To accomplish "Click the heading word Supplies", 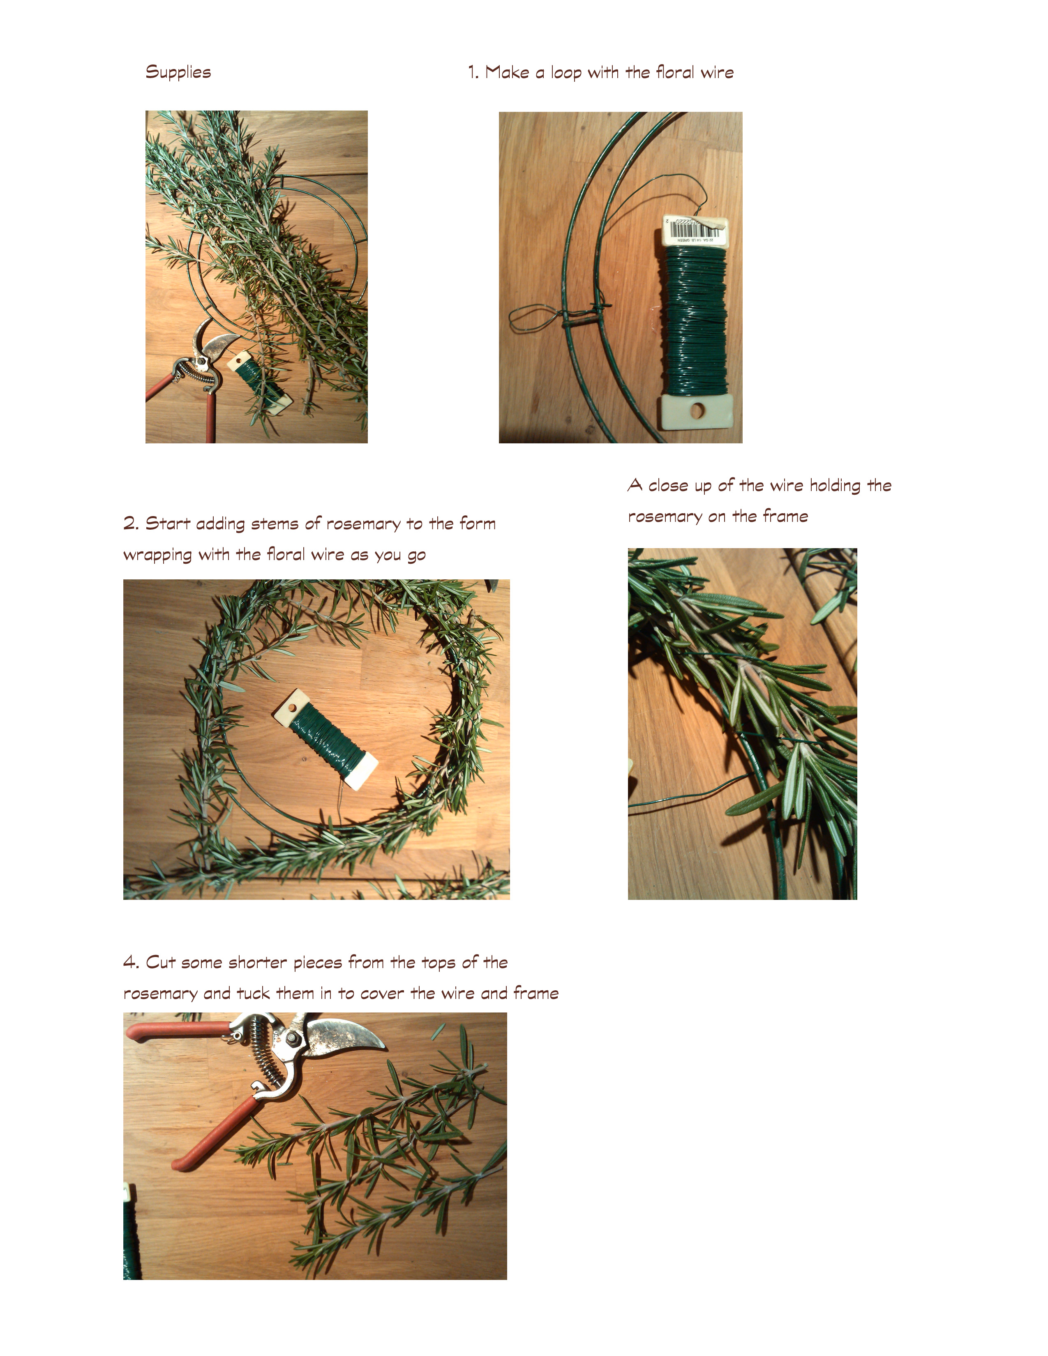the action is tap(178, 72).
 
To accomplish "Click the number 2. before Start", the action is tap(131, 523).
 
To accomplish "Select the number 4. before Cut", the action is tap(131, 962).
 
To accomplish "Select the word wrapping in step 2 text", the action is tap(158, 555).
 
